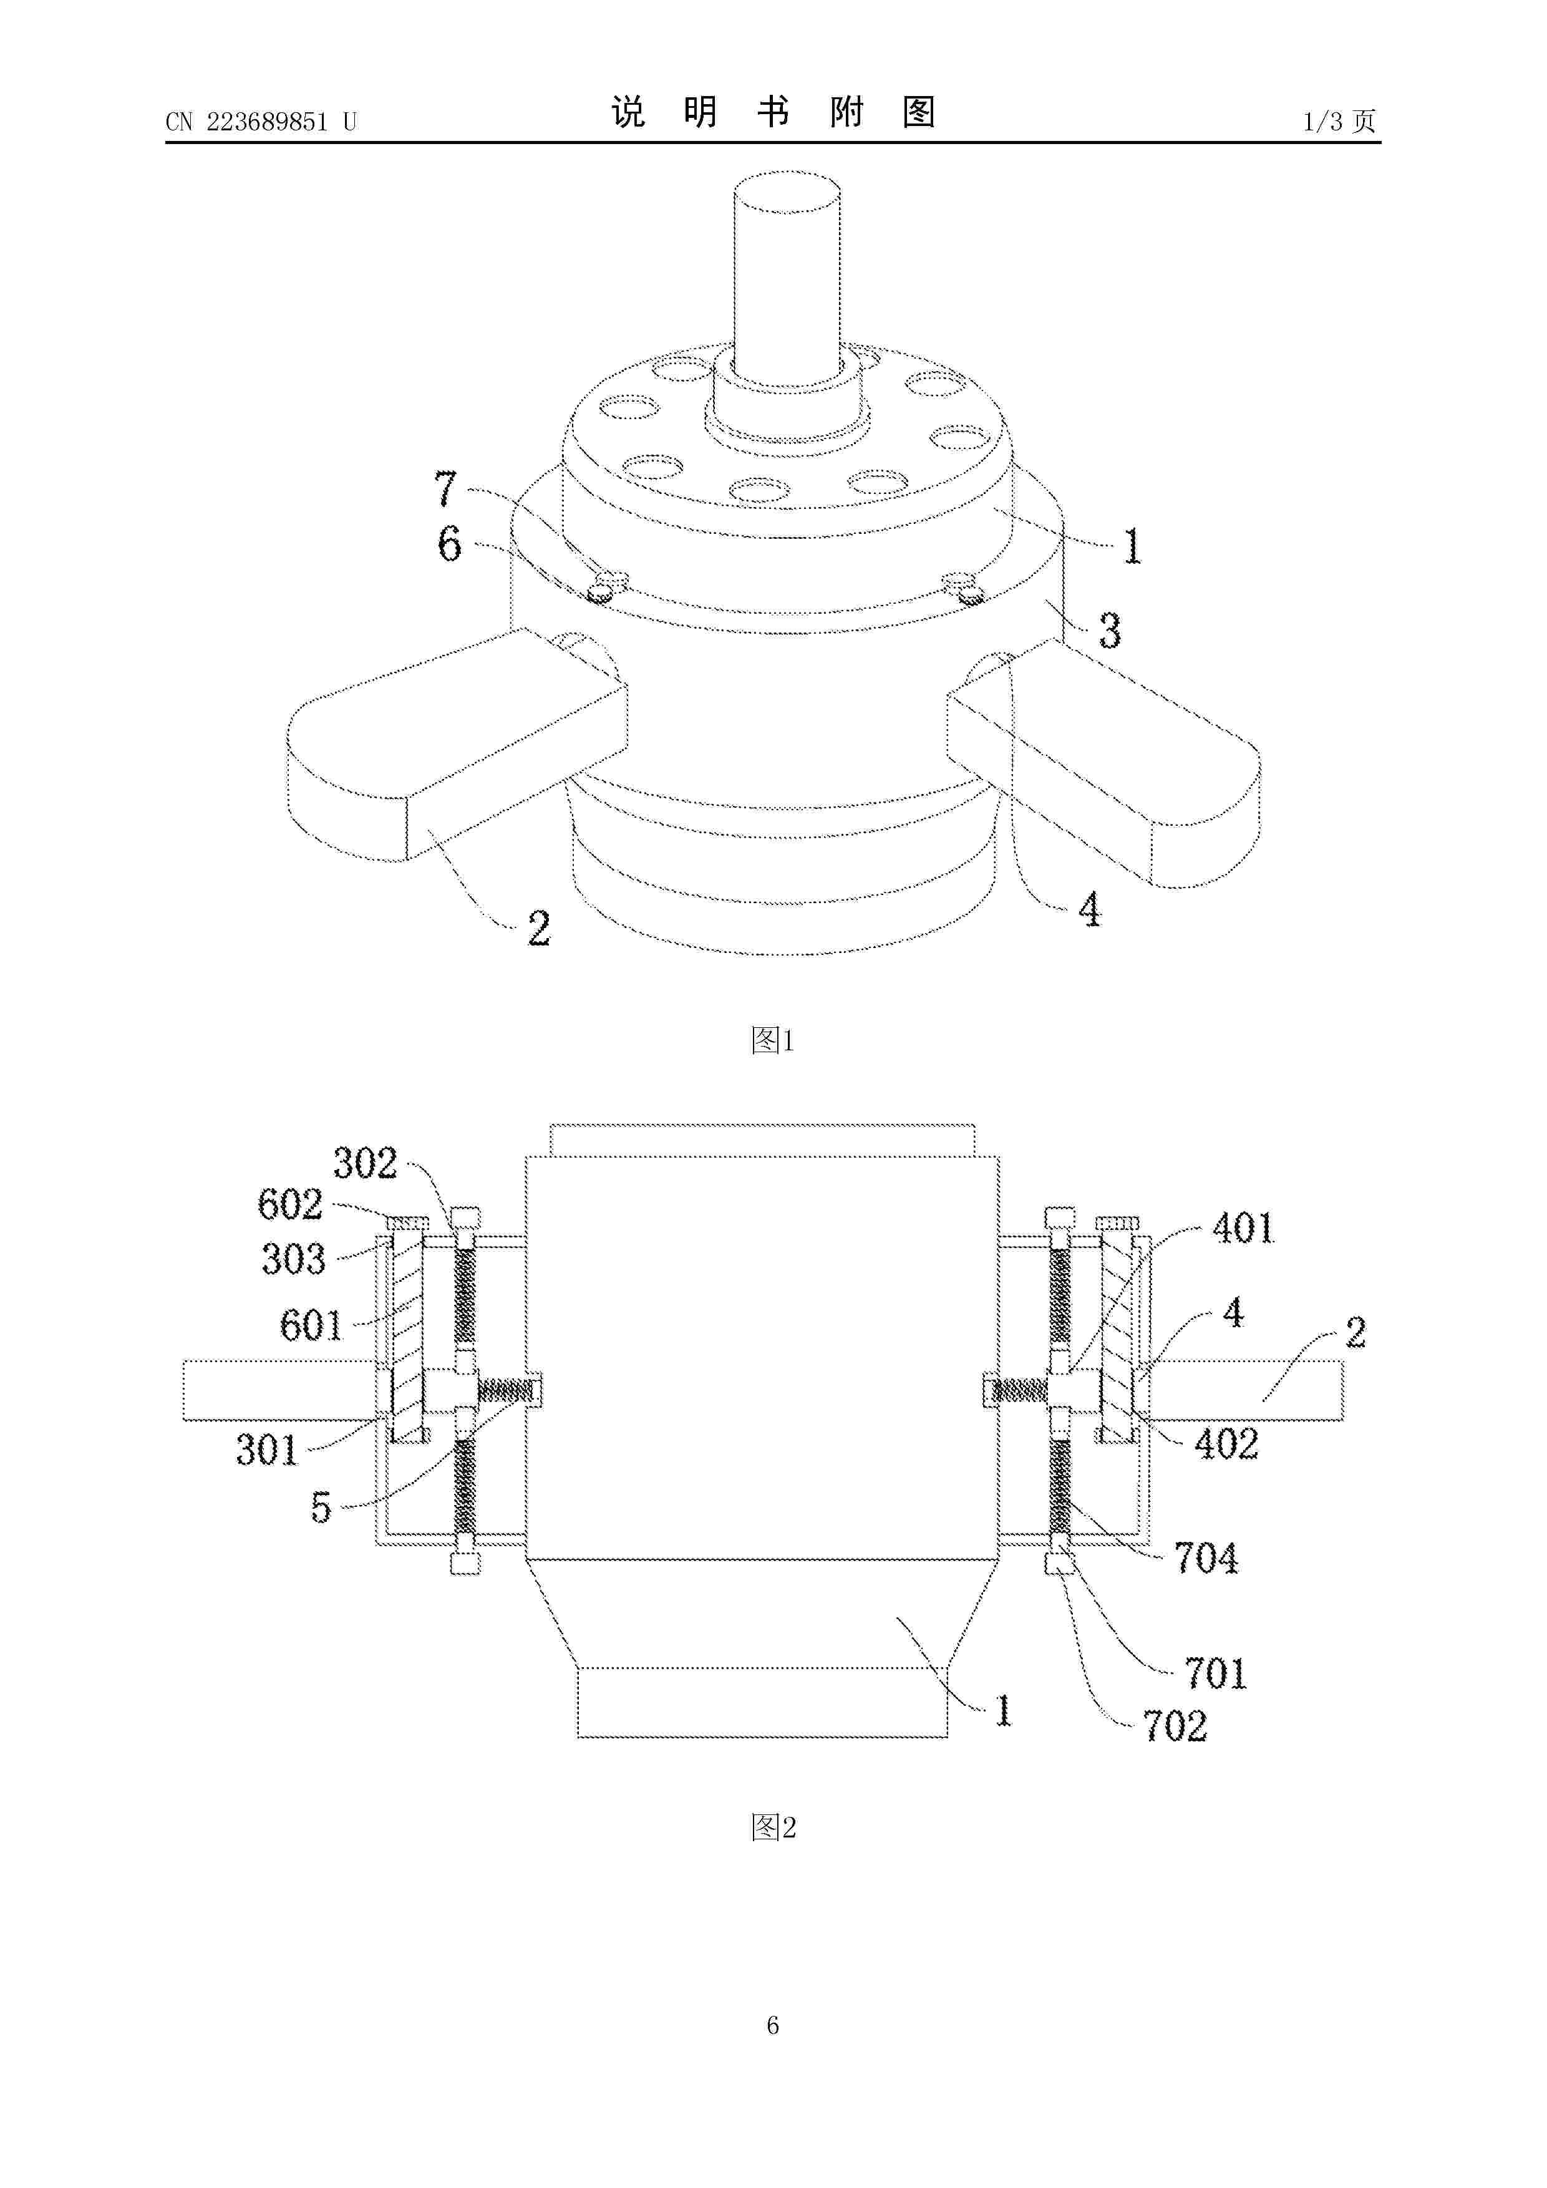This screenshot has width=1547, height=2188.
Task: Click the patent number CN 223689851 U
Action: coord(260,122)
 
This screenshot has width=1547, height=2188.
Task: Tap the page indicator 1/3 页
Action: coord(1339,121)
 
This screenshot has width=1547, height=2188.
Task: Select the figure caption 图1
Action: coord(772,1040)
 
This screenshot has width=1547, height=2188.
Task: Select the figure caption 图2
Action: coord(773,1827)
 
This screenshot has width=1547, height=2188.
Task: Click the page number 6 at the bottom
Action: coord(773,2052)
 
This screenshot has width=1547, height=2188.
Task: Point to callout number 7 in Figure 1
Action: coord(446,489)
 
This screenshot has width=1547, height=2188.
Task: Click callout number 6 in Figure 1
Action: coord(449,544)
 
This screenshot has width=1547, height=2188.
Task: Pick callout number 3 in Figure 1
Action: coord(1110,631)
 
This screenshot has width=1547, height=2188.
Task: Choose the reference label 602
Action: coord(291,1204)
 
